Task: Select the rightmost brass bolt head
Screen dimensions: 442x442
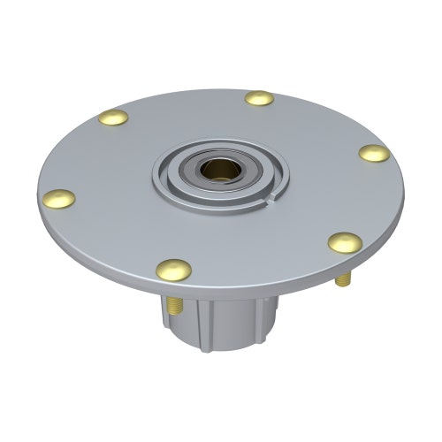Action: pos(374,153)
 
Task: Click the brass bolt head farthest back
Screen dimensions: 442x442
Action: pos(259,98)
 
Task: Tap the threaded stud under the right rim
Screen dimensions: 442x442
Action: pos(343,278)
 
